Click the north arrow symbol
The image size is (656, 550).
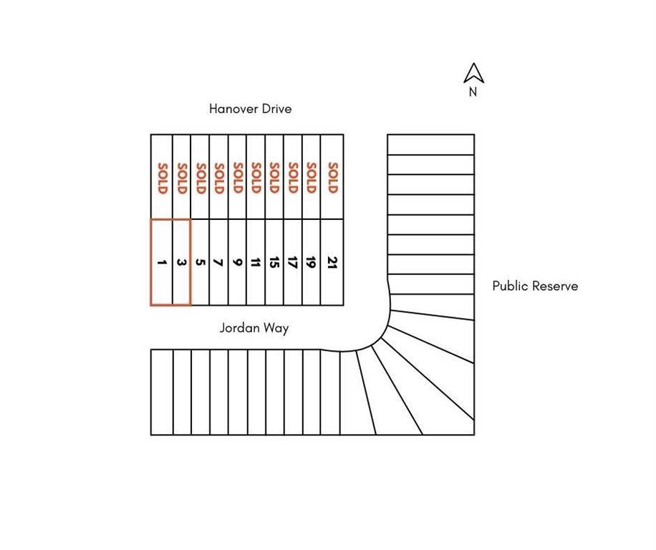tap(473, 73)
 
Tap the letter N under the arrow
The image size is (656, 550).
tap(473, 92)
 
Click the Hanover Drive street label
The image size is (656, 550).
tap(250, 109)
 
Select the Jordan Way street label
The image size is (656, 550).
tap(254, 328)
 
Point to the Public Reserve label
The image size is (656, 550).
tap(535, 286)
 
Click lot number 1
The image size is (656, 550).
tap(162, 263)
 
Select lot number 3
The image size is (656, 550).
tap(181, 263)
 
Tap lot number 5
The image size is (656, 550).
tap(201, 263)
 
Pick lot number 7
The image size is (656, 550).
tap(219, 263)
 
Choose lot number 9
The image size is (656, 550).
tap(238, 263)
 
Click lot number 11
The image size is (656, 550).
tap(256, 263)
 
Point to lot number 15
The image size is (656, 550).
tap(274, 263)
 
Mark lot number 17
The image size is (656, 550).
tap(293, 263)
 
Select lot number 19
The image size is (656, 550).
tap(312, 263)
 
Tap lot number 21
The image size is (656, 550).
tap(332, 263)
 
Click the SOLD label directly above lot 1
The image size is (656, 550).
tap(162, 178)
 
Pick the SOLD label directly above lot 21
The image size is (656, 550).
tap(332, 178)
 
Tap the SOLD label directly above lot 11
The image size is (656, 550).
tap(256, 178)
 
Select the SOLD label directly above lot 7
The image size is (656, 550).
tap(219, 178)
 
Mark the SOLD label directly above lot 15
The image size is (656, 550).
tap(274, 178)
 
